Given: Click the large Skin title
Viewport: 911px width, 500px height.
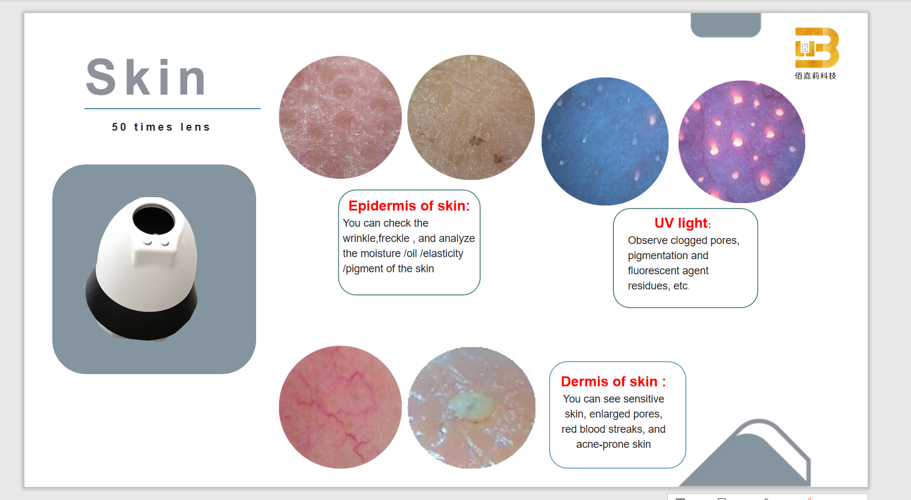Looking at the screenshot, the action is coord(146,77).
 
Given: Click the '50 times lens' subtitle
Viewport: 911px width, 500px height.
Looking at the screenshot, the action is coord(161,127).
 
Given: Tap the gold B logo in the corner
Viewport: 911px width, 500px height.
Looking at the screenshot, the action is coord(817,48).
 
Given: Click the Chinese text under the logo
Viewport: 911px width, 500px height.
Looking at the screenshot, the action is coord(815,75).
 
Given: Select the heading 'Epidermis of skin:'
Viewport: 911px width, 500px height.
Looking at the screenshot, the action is coord(409,205).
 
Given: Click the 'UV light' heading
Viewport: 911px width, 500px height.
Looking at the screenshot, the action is coord(682,223).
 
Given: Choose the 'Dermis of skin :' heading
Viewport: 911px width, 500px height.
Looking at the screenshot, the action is coord(613,381).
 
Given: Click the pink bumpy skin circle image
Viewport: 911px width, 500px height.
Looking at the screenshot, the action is coord(340,117).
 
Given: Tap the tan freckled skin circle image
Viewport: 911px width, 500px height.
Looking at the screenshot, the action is coord(471,117).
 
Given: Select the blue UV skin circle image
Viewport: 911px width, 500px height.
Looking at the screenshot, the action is coord(605,141).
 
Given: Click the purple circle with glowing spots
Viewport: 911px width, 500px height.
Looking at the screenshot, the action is coord(742,141).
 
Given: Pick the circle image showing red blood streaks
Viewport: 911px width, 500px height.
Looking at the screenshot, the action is coord(340,407).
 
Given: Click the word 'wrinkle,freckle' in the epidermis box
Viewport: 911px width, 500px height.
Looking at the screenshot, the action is coord(376,238).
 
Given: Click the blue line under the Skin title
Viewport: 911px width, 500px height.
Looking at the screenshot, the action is coord(172,109).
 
